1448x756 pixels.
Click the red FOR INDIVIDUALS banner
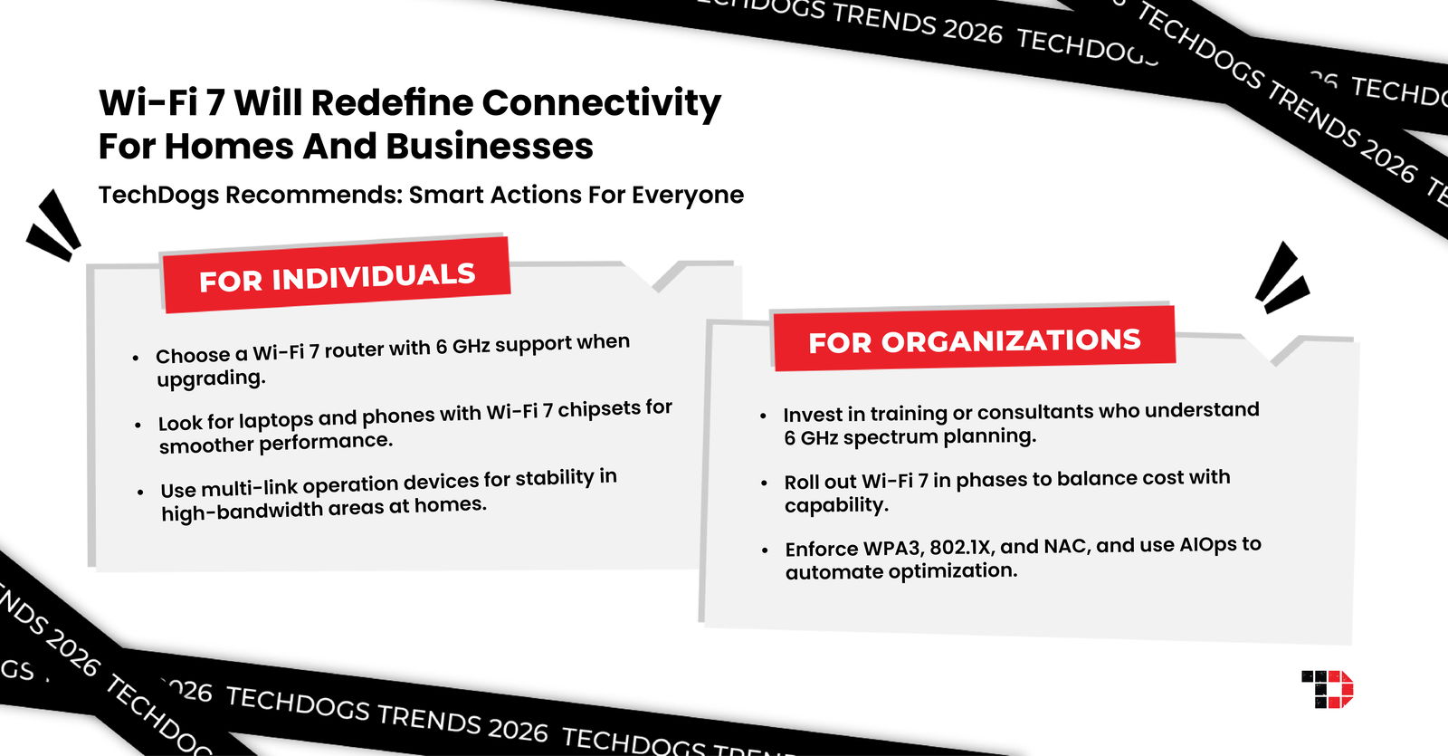pyautogui.click(x=336, y=276)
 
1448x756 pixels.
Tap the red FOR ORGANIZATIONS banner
pyautogui.click(x=974, y=340)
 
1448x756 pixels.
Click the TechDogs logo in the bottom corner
pyautogui.click(x=1327, y=689)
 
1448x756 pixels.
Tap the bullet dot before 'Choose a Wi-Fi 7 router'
pyautogui.click(x=136, y=359)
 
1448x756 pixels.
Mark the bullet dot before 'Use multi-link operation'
pyautogui.click(x=140, y=493)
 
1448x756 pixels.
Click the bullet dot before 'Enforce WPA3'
pyautogui.click(x=766, y=550)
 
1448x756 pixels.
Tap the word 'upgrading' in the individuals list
pyautogui.click(x=210, y=378)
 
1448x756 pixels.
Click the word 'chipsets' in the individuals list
pyautogui.click(x=598, y=410)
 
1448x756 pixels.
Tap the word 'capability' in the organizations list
pyautogui.click(x=834, y=505)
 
